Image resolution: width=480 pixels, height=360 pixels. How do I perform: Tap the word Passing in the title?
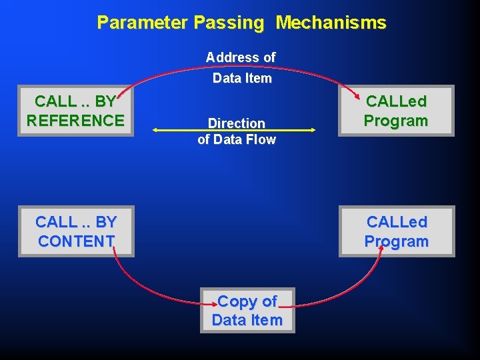click(230, 23)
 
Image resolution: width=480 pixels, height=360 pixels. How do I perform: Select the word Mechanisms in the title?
click(331, 23)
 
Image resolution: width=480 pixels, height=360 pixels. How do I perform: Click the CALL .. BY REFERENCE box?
click(75, 111)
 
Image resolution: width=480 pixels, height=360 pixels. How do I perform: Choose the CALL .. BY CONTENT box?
click(75, 231)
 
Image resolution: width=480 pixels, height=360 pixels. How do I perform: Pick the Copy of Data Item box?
click(247, 310)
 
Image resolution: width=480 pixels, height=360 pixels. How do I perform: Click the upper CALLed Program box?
click(396, 111)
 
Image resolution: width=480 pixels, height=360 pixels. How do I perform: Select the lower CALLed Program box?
click(396, 231)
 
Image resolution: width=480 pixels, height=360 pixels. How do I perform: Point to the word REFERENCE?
click(75, 121)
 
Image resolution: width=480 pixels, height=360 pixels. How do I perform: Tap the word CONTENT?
click(76, 241)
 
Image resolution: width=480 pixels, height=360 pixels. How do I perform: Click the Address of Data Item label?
click(241, 67)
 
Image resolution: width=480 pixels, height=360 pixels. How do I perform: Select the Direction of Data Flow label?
click(237, 131)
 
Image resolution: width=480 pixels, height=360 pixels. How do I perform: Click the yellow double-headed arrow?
click(233, 131)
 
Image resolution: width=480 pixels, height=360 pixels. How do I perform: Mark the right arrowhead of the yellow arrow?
click(312, 131)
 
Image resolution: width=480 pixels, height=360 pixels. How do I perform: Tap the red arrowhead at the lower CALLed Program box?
click(379, 245)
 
